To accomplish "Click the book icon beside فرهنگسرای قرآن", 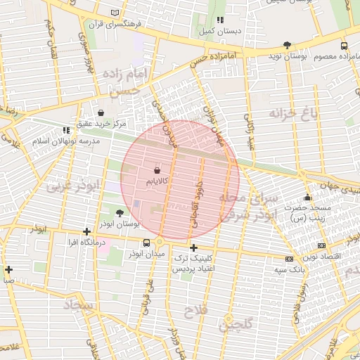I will coord(115,13).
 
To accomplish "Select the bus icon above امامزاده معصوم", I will coord(343,45).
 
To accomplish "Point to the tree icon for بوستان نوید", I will coord(287,45).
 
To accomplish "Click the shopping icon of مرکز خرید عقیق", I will coord(101,112).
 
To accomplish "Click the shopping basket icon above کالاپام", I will coord(156,170).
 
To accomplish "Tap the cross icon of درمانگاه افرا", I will coord(86,231).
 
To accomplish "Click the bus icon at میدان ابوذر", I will coord(146,243).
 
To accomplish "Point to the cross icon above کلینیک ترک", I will coord(193,247).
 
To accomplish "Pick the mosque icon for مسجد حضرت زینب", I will coord(307,198).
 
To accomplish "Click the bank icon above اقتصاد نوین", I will coord(321,245).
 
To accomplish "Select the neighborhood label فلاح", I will coord(193,310).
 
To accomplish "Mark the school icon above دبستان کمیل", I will coord(220,20).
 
